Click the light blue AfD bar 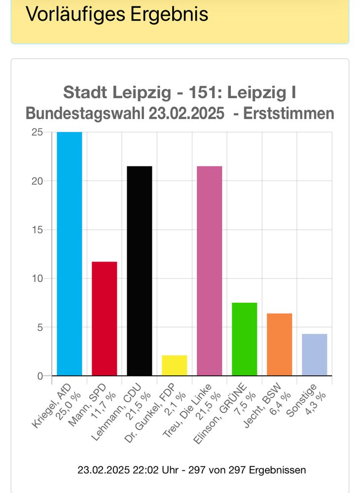tap(70, 254)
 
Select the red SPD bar tap(105, 318)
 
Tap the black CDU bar tap(140, 271)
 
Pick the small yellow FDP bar tap(174, 365)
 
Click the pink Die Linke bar tap(209, 271)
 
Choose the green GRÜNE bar tap(244, 339)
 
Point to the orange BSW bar tap(279, 345)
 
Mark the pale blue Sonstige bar tap(314, 355)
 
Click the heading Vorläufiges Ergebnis tap(117, 14)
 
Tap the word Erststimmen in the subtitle tap(289, 114)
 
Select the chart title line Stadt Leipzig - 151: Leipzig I tap(180, 92)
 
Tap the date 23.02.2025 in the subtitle tap(182, 114)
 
